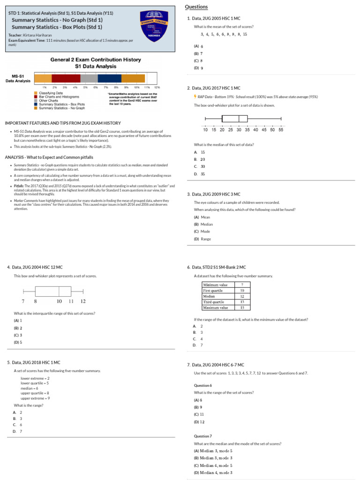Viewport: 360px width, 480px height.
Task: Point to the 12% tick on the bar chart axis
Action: tap(157, 87)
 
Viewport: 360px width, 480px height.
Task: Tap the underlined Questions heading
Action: tap(196, 7)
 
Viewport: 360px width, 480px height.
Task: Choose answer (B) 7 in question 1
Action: tap(198, 54)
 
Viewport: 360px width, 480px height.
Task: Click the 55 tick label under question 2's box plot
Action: tap(281, 130)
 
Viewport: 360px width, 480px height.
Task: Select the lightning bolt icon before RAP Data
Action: tap(195, 97)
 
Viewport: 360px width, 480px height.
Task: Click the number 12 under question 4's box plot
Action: tap(82, 301)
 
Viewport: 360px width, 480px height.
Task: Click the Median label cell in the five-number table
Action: tap(209, 296)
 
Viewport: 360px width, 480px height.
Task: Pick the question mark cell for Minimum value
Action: tap(242, 285)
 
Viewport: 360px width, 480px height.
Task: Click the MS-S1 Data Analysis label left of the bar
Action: tap(18, 79)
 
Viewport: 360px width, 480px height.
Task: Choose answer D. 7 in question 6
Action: tap(198, 345)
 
